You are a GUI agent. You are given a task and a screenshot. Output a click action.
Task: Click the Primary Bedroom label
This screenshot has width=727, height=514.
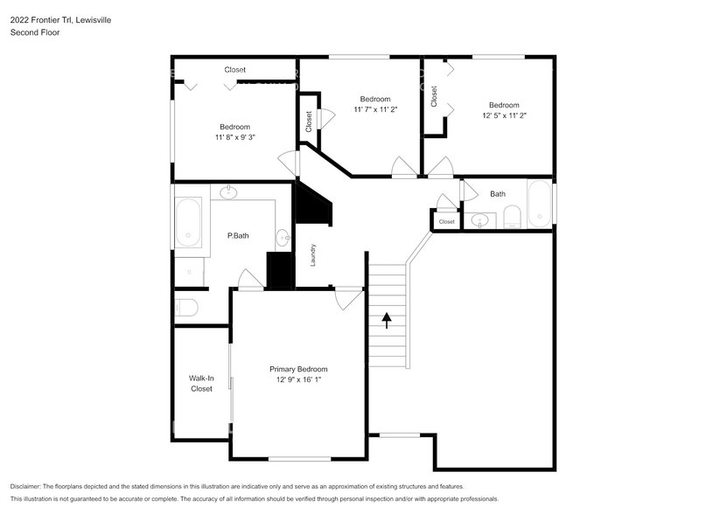[x=298, y=369]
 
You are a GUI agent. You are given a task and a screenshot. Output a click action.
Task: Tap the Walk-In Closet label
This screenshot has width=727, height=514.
[x=201, y=383]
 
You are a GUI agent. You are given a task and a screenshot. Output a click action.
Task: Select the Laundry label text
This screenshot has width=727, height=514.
[x=313, y=255]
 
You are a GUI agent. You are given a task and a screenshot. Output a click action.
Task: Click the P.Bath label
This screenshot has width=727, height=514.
[x=238, y=235]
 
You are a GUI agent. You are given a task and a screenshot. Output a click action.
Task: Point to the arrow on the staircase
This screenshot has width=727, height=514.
[x=387, y=320]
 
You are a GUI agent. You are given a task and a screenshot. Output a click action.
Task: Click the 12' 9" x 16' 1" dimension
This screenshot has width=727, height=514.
[x=298, y=379]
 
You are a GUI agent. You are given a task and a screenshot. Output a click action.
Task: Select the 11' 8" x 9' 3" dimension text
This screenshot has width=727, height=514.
[x=235, y=137]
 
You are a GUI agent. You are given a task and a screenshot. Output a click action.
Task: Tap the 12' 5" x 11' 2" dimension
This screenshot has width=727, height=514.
[x=504, y=115]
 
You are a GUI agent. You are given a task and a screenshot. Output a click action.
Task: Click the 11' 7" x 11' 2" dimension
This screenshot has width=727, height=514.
[x=375, y=109]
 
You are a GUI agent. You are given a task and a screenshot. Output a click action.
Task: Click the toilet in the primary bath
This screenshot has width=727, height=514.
[x=186, y=308]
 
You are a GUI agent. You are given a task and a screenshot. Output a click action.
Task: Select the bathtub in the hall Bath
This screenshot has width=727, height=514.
[x=539, y=204]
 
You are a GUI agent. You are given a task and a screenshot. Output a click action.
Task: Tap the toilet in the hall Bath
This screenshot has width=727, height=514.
[x=513, y=217]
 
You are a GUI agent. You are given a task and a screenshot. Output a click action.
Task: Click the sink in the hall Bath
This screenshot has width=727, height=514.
[x=480, y=219]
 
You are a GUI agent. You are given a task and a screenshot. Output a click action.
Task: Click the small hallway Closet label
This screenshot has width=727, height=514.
[x=446, y=221]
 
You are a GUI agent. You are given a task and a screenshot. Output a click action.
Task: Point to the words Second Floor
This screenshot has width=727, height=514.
[x=35, y=32]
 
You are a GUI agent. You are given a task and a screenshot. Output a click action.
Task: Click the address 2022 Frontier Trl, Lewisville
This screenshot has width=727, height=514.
[x=60, y=20]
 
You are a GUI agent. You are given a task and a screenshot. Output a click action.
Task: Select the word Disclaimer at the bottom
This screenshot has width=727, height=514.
[x=25, y=487]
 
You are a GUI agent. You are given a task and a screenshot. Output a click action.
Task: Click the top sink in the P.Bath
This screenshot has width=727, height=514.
[x=228, y=192]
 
